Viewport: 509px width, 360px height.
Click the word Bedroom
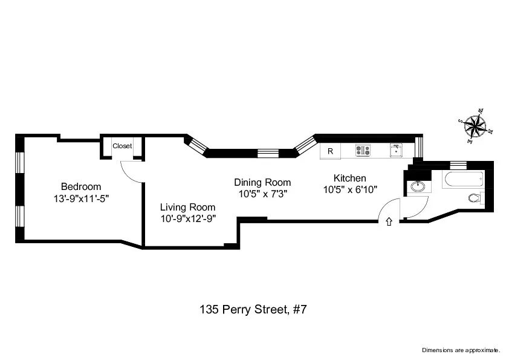[81, 186]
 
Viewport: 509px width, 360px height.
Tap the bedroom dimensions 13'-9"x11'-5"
[81, 197]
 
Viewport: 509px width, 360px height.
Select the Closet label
[122, 146]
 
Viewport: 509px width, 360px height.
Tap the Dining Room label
[262, 182]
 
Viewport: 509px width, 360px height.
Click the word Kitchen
[350, 178]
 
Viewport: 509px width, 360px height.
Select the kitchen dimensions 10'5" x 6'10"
[350, 189]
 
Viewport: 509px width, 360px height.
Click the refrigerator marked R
[330, 151]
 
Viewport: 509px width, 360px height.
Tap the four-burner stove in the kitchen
[363, 151]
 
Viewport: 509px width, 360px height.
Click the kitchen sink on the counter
[396, 149]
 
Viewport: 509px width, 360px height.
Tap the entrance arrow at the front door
[389, 222]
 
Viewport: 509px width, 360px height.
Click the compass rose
[476, 126]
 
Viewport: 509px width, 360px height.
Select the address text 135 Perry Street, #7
[254, 309]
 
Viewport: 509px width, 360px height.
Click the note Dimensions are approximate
[461, 350]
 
